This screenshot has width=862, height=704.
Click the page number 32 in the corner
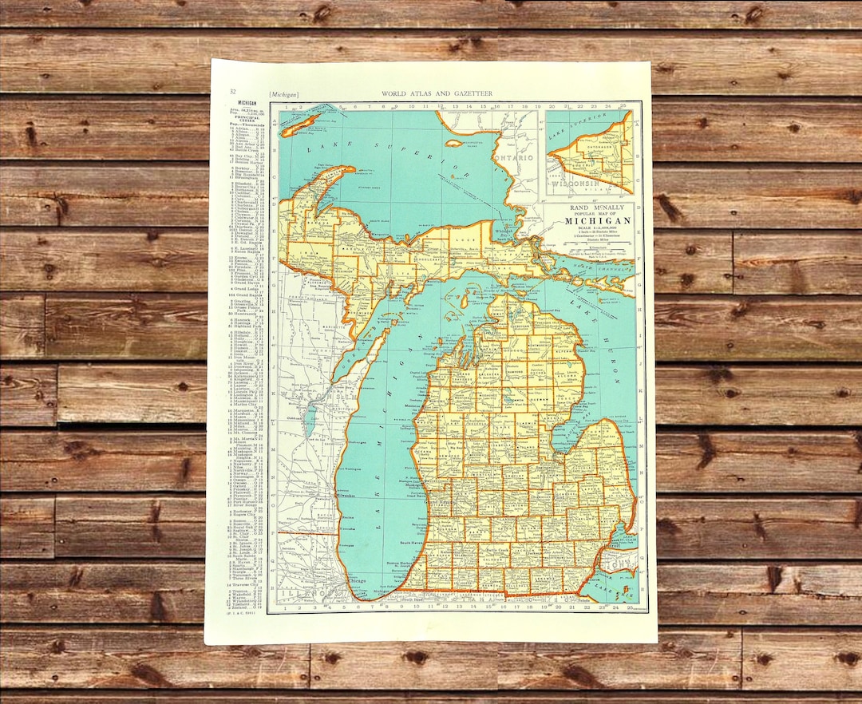pyautogui.click(x=232, y=93)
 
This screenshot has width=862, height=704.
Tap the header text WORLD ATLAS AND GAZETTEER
pyautogui.click(x=437, y=93)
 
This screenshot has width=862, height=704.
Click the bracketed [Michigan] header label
pyautogui.click(x=284, y=93)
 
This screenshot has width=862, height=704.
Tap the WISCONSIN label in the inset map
pyautogui.click(x=583, y=183)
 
